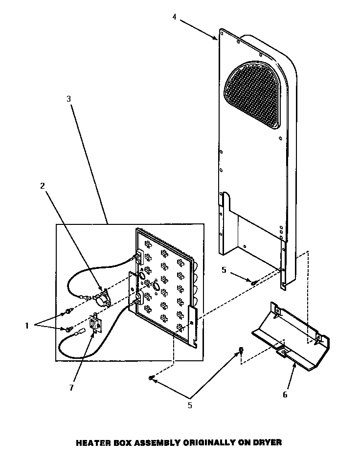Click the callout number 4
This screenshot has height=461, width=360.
coord(174,17)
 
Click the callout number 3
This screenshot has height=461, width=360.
coord(69,98)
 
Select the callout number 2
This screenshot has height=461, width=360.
coord(43,186)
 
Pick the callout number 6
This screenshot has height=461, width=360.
coord(285,395)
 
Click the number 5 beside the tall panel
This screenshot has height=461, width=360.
coord(224,269)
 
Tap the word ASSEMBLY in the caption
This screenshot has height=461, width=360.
coord(154,442)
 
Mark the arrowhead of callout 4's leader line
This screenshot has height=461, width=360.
coord(218,38)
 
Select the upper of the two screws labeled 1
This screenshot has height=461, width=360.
coord(67,311)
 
